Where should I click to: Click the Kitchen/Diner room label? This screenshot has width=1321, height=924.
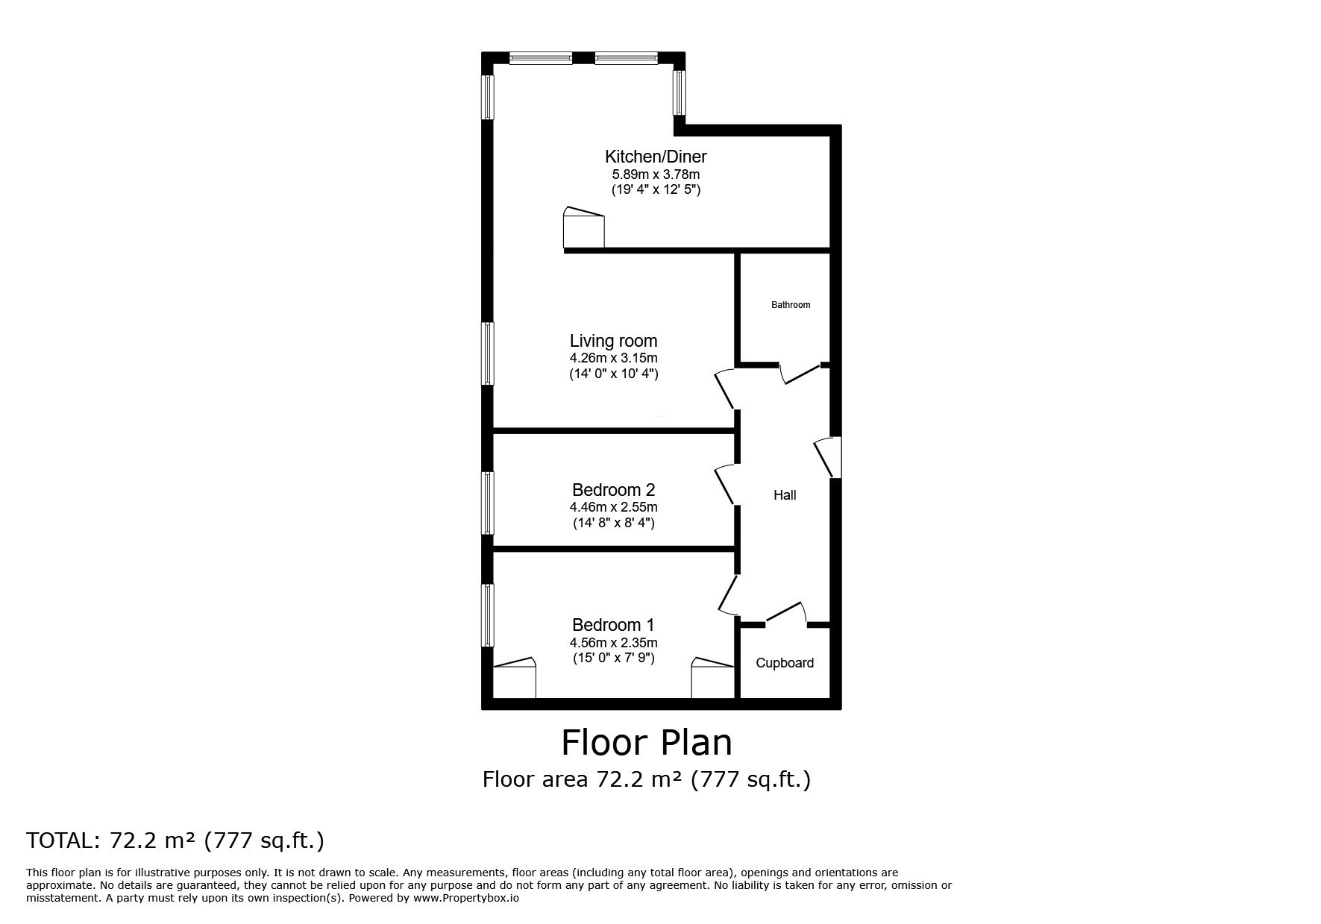tap(656, 157)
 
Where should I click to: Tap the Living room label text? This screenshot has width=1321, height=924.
tap(613, 341)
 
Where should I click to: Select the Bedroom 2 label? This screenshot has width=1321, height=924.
tap(613, 490)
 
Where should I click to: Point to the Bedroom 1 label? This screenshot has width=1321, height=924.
tap(613, 625)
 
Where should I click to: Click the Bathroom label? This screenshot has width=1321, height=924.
tap(791, 305)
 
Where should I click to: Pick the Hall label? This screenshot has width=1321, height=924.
tap(785, 495)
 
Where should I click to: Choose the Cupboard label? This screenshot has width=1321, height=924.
tap(785, 663)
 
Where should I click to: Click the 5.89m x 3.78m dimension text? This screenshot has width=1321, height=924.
tap(656, 175)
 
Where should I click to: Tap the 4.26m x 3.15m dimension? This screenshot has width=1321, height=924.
tap(613, 359)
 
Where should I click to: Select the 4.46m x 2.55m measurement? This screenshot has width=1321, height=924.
tap(613, 508)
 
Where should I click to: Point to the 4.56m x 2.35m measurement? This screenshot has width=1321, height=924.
tap(613, 643)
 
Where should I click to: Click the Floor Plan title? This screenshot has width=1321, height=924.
tap(647, 743)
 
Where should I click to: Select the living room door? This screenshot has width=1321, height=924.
tap(725, 389)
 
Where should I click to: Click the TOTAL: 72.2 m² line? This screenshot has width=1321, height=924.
tap(175, 841)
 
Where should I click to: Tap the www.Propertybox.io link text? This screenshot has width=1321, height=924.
tap(466, 899)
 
